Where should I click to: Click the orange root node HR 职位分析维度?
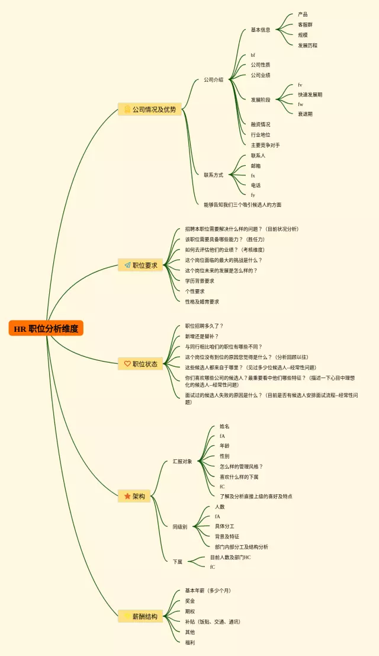click(x=46, y=328)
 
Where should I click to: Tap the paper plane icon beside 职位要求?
click(x=127, y=265)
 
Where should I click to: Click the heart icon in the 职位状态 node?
click(x=127, y=364)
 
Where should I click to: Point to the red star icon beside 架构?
click(x=127, y=496)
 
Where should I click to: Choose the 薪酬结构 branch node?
click(x=140, y=616)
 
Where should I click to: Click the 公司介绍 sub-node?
click(x=213, y=79)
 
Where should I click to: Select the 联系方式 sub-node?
click(x=213, y=175)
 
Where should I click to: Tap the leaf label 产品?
click(x=303, y=14)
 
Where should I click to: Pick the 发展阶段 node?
click(x=260, y=100)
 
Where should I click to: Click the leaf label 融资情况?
click(x=260, y=124)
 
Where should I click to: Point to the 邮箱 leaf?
click(x=255, y=166)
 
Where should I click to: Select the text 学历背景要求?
click(x=200, y=281)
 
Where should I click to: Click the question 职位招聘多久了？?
click(x=204, y=326)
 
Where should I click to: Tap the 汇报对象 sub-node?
click(x=182, y=461)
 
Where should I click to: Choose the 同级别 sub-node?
click(x=179, y=527)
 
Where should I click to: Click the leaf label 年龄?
click(x=224, y=446)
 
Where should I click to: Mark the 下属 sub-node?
click(x=178, y=562)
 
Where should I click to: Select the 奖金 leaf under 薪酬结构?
click(x=189, y=601)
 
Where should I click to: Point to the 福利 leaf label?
click(x=189, y=642)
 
